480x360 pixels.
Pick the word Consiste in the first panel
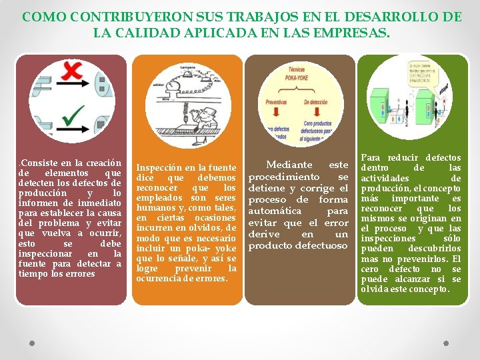click(x=39, y=163)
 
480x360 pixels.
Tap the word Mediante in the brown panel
click(x=289, y=164)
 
